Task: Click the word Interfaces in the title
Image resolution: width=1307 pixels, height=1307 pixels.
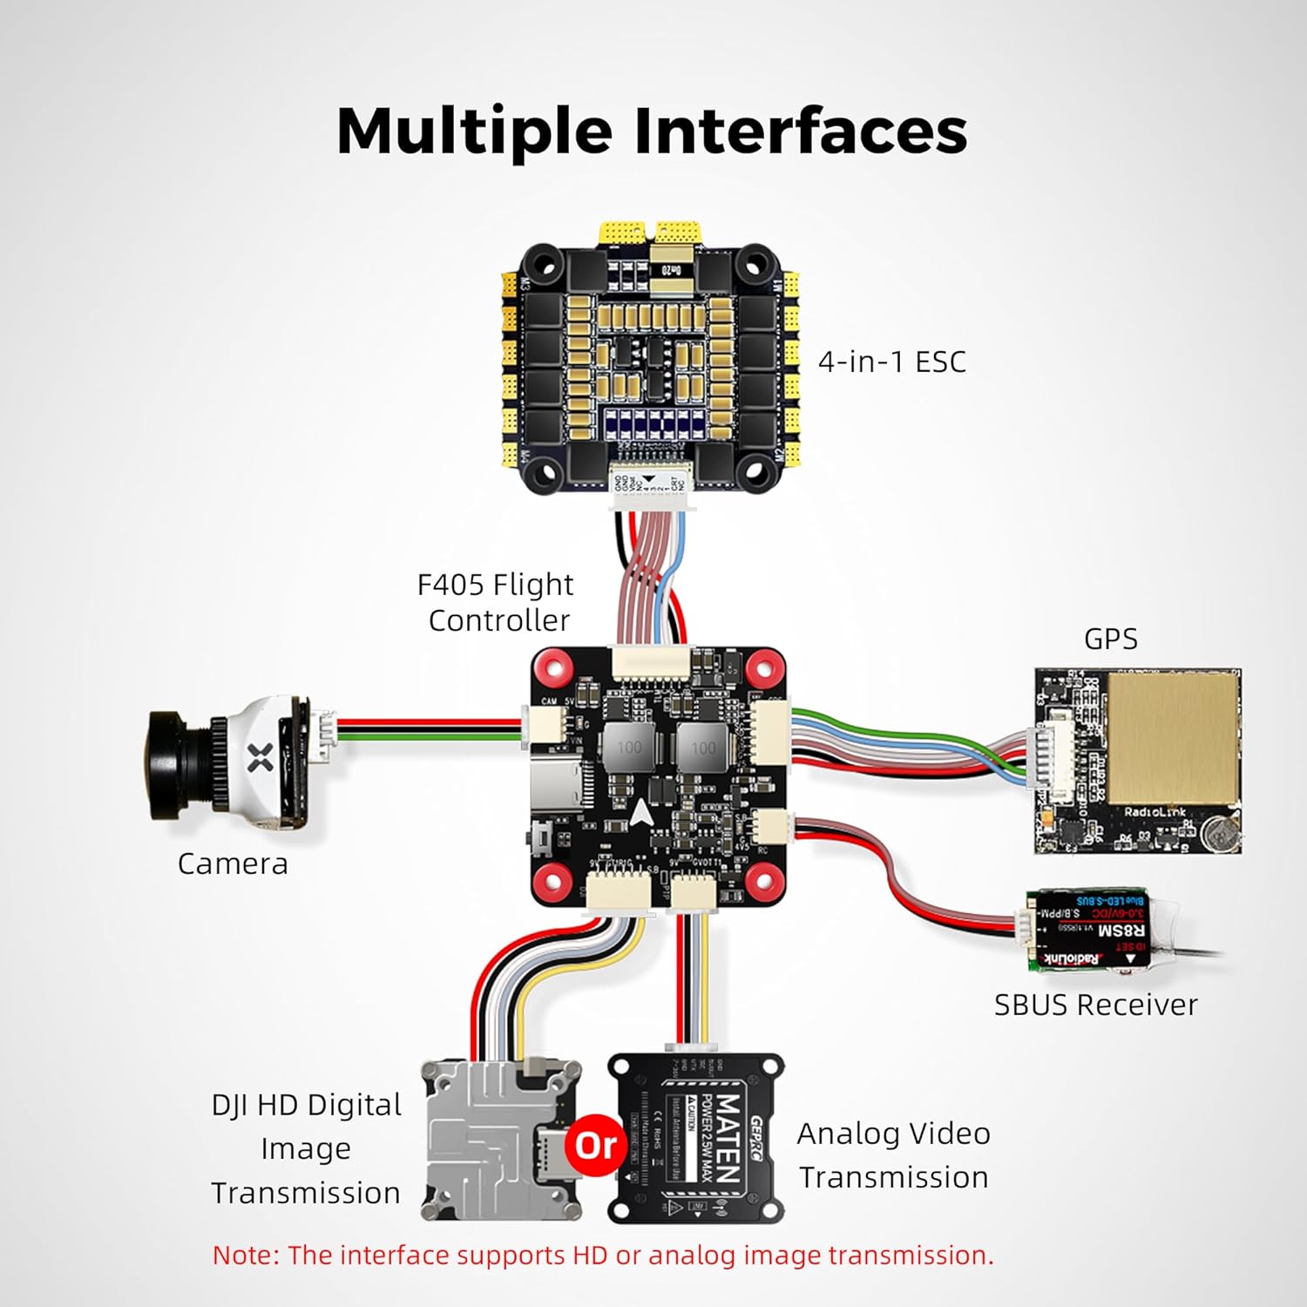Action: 800,131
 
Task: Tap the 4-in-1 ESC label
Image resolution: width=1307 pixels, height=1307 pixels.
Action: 891,362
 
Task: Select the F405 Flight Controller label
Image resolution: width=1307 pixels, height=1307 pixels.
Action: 496,602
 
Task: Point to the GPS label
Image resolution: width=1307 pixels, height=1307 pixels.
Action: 1110,639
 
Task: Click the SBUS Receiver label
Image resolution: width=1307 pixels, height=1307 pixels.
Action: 1095,1005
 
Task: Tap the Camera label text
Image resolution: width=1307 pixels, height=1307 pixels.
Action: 233,863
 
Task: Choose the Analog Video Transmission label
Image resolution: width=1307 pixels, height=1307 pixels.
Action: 894,1155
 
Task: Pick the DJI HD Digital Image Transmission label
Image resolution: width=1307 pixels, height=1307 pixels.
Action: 306,1148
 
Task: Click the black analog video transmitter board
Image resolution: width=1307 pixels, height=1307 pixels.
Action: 695,1137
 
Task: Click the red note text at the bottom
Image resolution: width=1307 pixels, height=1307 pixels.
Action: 603,1256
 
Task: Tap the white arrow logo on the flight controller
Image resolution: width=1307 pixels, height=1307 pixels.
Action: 641,812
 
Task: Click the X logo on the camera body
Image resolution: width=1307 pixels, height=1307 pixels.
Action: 261,757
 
